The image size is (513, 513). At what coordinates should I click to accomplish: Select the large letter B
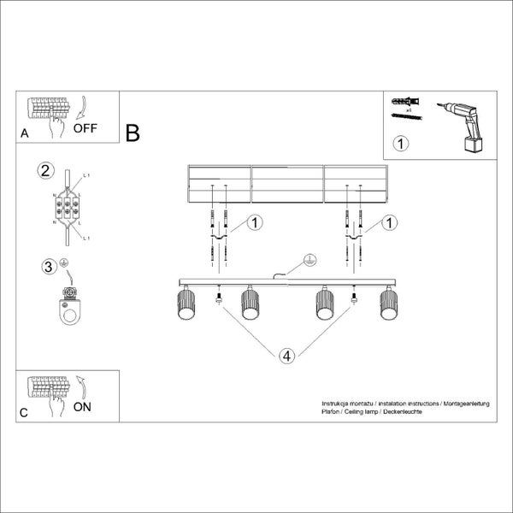(x=133, y=133)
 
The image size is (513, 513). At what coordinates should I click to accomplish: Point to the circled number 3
(x=50, y=266)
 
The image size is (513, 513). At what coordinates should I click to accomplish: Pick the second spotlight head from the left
(x=250, y=303)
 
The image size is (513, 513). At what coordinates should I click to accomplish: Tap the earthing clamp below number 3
(x=68, y=309)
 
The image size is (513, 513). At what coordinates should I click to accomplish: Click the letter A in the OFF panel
(x=24, y=134)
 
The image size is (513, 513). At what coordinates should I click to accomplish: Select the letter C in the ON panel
(x=24, y=412)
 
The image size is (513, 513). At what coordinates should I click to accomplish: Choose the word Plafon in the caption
(x=331, y=411)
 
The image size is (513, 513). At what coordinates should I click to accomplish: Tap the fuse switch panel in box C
(x=49, y=388)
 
